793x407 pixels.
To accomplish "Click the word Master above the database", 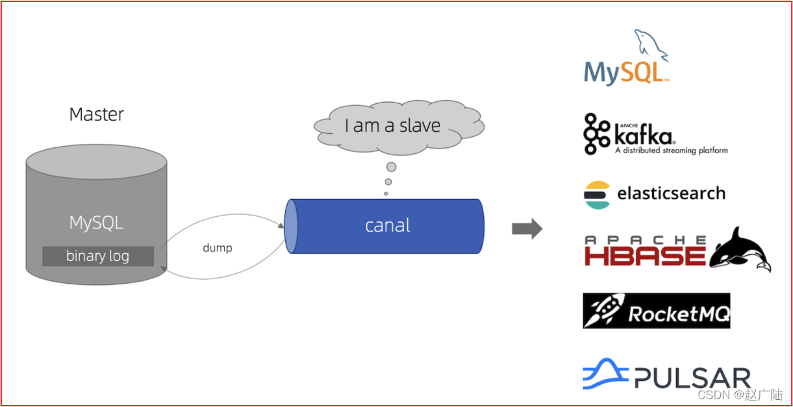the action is point(96,114).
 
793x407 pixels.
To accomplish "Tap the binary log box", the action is point(98,256).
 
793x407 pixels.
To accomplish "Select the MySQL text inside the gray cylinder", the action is point(96,223).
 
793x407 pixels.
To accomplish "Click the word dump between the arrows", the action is point(217,247).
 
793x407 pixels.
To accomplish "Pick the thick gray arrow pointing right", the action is point(527,228).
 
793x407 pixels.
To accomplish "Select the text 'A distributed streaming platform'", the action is point(671,151).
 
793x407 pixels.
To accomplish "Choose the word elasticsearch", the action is point(671,193).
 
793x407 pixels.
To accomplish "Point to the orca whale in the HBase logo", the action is point(740,249).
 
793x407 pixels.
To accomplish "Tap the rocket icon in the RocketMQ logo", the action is point(603,311).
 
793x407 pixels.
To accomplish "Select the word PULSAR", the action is point(692,378).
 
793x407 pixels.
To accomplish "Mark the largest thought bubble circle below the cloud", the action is point(391,167).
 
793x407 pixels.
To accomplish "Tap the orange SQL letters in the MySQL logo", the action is point(642,72).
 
